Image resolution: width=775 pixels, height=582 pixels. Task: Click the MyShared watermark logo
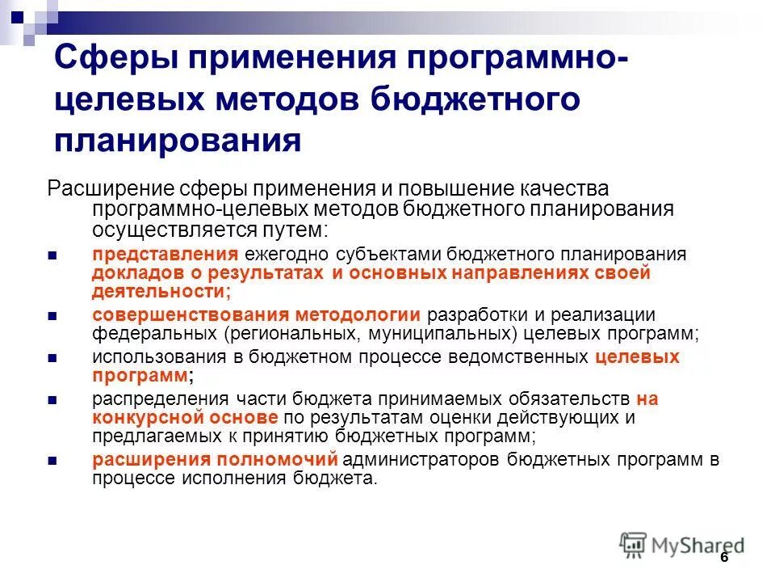tap(683, 545)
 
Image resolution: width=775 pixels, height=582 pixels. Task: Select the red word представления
tap(165, 254)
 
